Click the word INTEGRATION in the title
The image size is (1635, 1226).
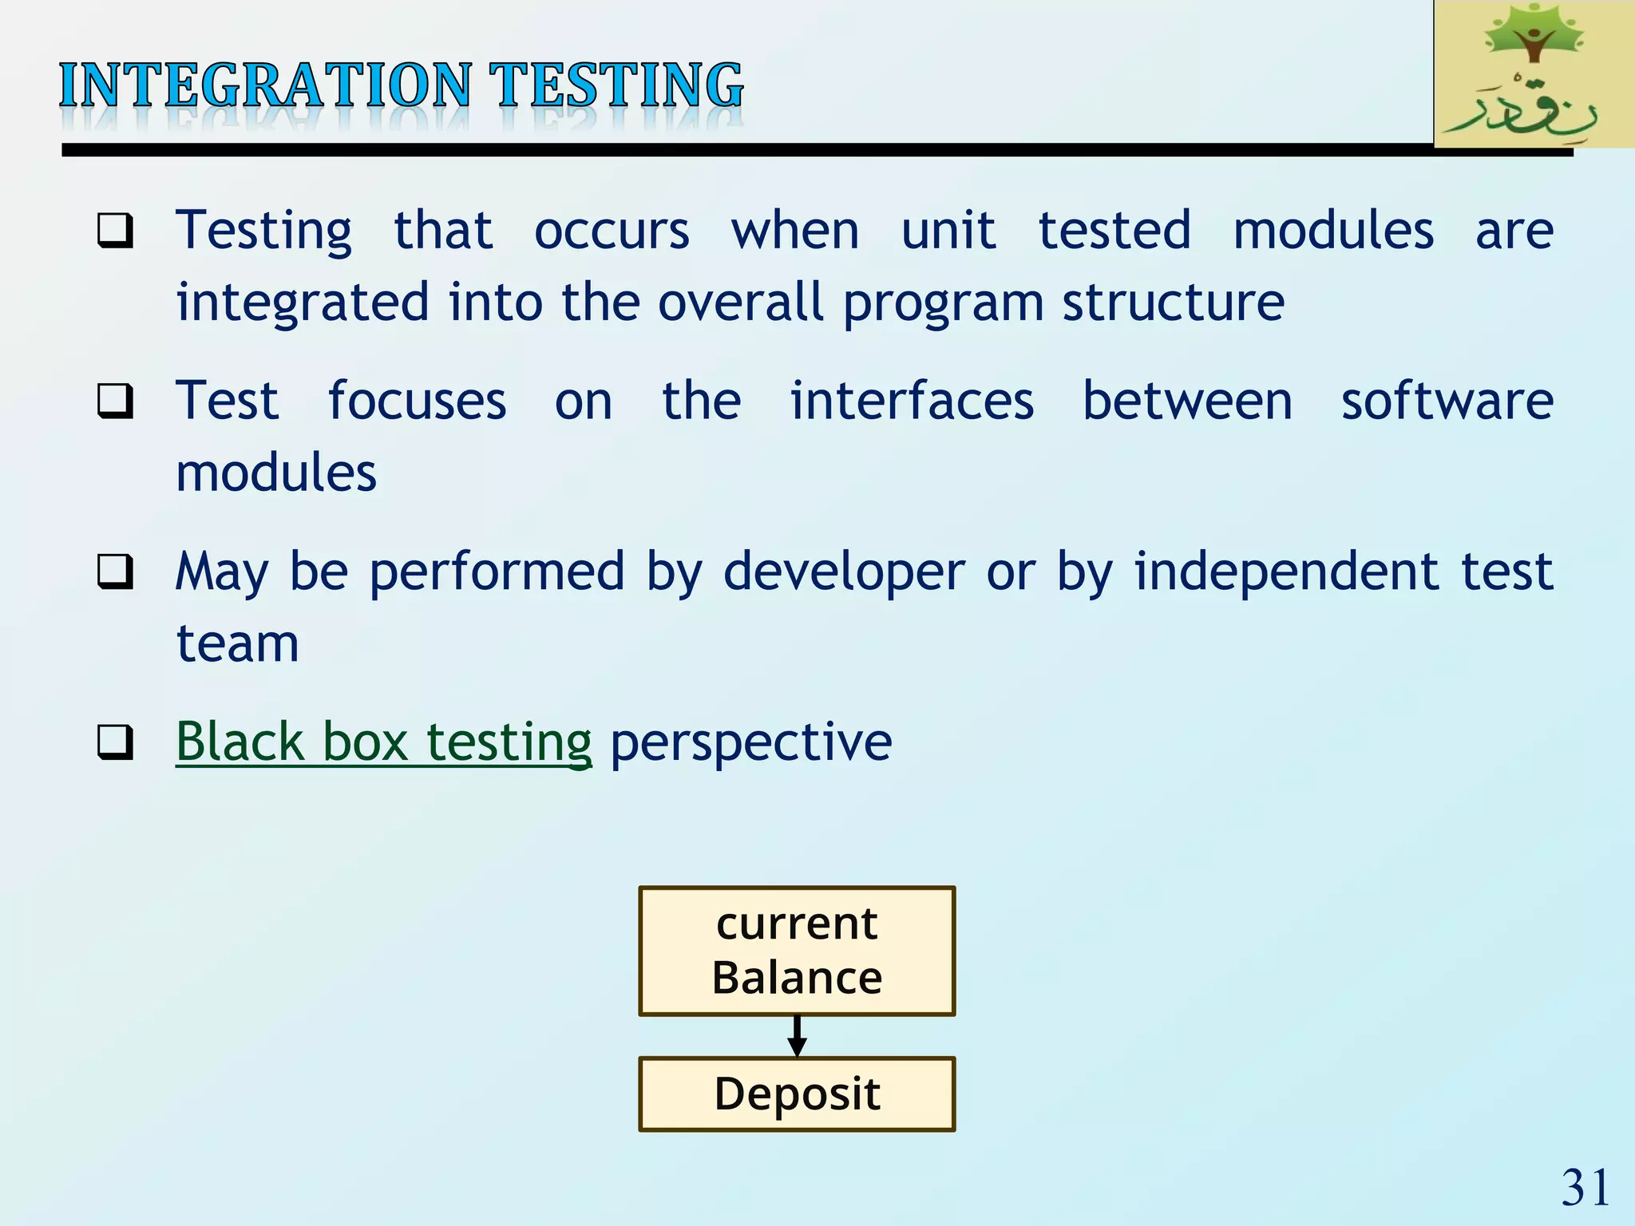tap(265, 86)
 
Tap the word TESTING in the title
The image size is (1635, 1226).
tap(616, 86)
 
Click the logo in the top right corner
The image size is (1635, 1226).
tap(1533, 75)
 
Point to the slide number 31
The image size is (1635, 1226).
tap(1585, 1188)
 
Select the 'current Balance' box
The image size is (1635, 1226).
tap(797, 951)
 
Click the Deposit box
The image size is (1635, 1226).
tap(797, 1094)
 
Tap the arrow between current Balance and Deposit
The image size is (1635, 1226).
tap(797, 1036)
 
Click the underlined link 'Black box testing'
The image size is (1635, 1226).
tap(383, 742)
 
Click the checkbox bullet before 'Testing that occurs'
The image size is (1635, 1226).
tap(115, 231)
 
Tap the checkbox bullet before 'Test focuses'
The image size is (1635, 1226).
tap(115, 401)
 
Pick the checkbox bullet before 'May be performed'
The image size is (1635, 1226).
tap(115, 571)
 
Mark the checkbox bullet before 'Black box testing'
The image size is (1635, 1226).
tap(115, 742)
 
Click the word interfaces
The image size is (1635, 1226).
tap(912, 401)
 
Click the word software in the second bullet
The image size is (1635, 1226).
tap(1447, 401)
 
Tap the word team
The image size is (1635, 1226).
tap(237, 643)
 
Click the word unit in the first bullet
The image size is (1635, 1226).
tap(948, 231)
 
